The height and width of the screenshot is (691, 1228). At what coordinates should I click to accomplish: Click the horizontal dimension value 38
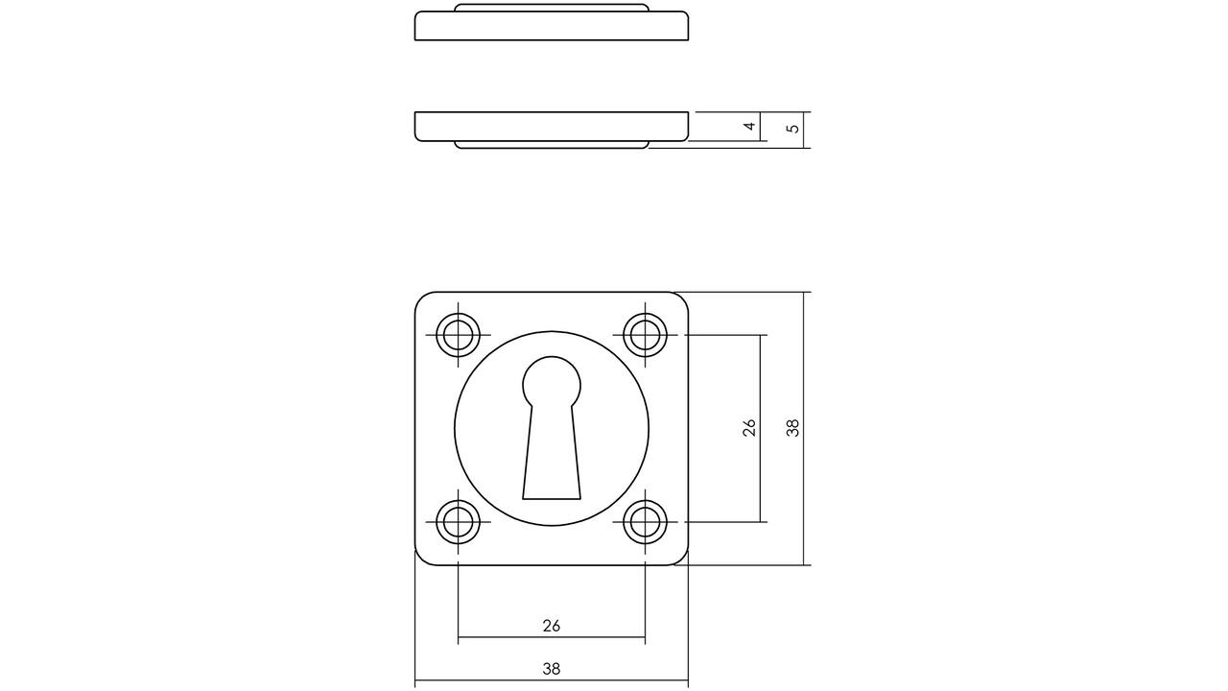pyautogui.click(x=552, y=669)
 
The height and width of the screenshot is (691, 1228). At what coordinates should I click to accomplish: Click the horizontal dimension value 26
pyautogui.click(x=552, y=626)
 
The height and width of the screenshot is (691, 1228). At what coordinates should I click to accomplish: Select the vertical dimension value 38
pyautogui.click(x=792, y=428)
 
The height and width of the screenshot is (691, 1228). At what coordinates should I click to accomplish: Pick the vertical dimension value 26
pyautogui.click(x=749, y=428)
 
